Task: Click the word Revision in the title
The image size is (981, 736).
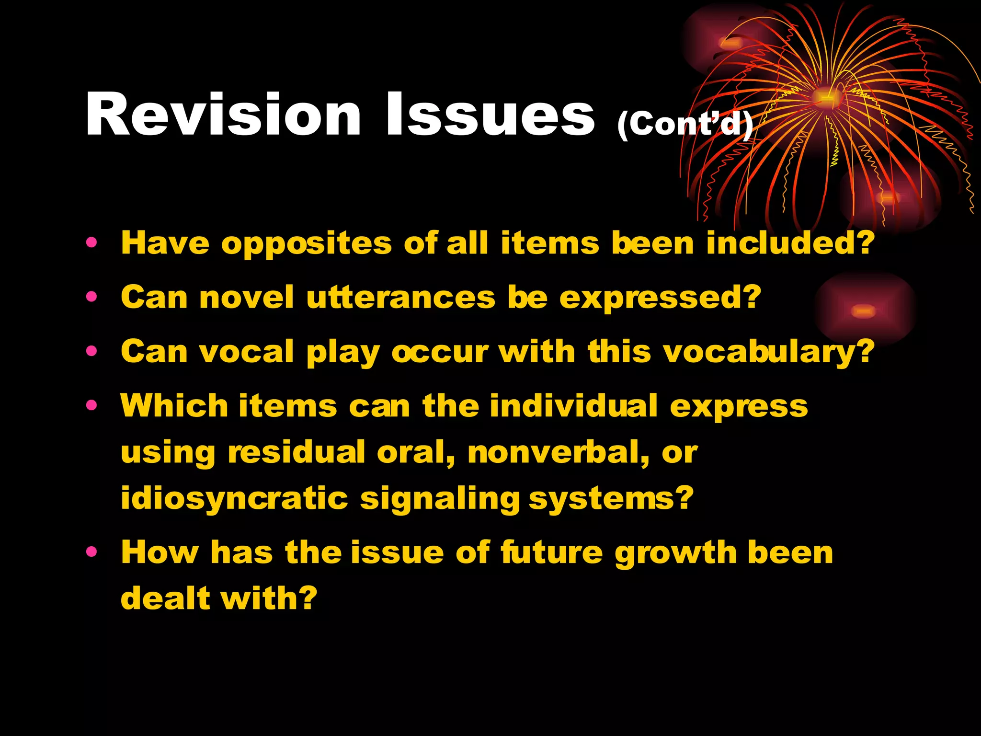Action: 223,115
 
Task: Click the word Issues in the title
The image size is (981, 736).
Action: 490,115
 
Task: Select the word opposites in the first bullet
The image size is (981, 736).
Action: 307,243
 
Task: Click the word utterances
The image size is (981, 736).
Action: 401,298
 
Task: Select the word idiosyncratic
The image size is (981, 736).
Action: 234,499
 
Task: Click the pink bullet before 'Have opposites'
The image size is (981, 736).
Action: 91,242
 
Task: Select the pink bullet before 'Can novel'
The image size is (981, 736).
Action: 91,297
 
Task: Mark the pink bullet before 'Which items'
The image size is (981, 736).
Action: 91,406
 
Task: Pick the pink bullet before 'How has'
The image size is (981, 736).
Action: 91,552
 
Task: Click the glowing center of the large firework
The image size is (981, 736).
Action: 827,97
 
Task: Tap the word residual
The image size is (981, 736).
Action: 297,452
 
